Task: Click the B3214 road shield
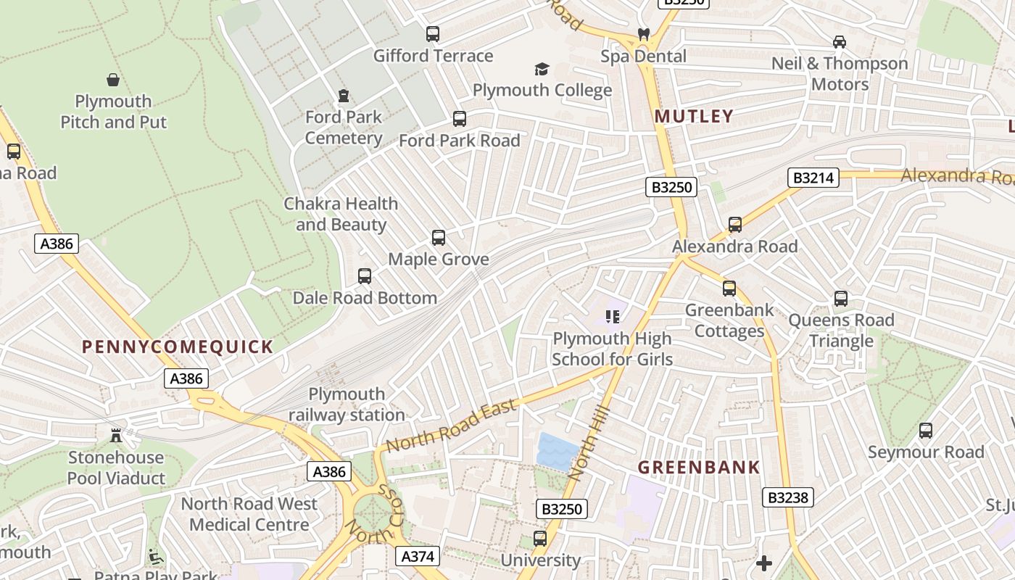pos(813,178)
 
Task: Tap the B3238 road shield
pos(788,497)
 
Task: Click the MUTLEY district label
pos(695,116)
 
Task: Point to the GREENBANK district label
pos(699,468)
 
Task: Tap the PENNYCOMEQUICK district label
pos(178,347)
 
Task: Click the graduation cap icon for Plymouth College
pos(542,69)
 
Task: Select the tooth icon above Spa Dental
pos(642,34)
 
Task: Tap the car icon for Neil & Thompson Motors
pos(840,42)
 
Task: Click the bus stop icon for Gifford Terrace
pos(433,34)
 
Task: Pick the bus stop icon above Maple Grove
pos(439,238)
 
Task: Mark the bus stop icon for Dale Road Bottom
pos(365,276)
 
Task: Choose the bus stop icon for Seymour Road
pos(926,431)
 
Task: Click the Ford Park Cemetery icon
pos(344,96)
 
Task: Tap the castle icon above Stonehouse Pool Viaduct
pos(116,436)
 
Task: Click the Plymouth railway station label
pos(347,405)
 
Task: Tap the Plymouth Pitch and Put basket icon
pos(113,80)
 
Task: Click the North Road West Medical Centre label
pos(249,513)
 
